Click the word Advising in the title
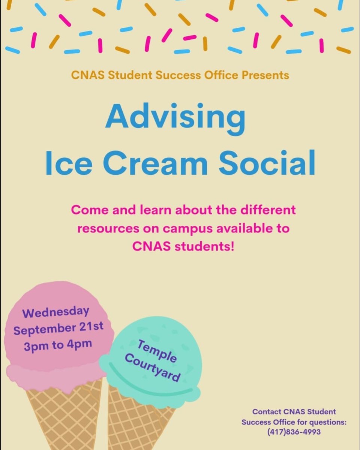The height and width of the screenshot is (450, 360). [x=175, y=116]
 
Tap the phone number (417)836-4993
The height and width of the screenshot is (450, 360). [x=294, y=432]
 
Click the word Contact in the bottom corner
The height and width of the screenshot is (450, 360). [x=267, y=411]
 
